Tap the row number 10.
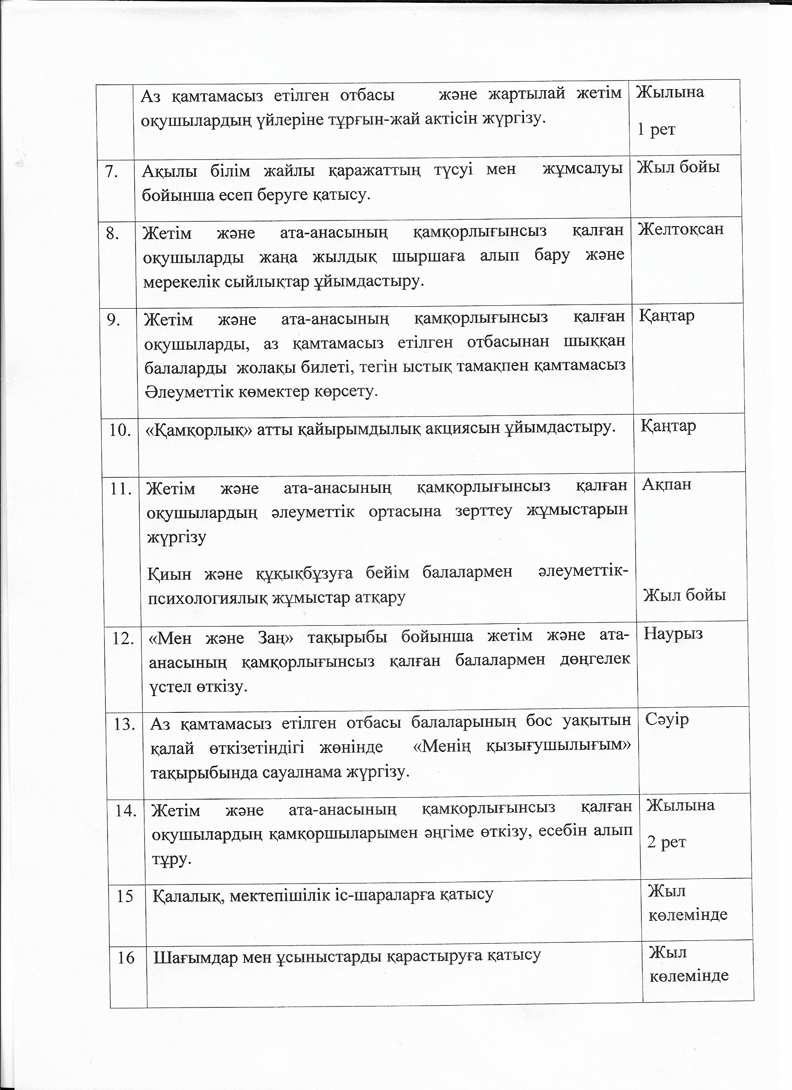[120, 430]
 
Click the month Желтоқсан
[681, 229]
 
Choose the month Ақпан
[667, 484]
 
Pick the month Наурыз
[673, 634]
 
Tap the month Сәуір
[667, 719]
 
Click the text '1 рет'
[656, 129]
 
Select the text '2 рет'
[666, 842]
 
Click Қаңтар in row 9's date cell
[667, 316]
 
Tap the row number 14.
[126, 811]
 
